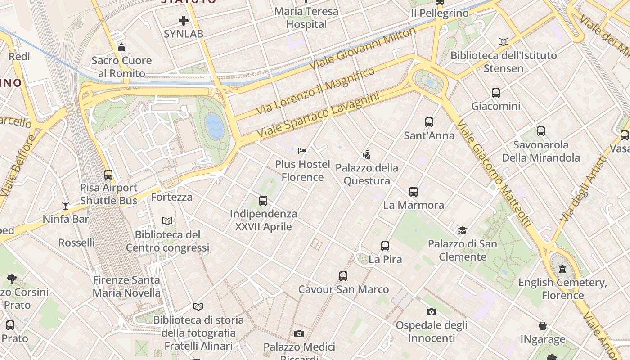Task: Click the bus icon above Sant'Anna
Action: (x=429, y=122)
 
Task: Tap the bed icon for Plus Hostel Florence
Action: (x=302, y=151)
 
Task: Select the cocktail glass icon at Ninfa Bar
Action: (x=66, y=206)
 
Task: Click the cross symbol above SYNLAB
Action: (x=183, y=21)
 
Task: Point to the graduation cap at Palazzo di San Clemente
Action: (x=462, y=231)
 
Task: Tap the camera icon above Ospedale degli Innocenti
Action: (x=431, y=312)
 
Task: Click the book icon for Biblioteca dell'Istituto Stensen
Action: (x=504, y=42)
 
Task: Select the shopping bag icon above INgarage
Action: (x=543, y=326)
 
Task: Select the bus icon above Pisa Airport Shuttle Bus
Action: (x=108, y=175)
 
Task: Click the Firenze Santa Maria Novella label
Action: (x=126, y=286)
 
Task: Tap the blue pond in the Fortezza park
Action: (x=214, y=126)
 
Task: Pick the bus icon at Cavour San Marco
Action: (x=343, y=276)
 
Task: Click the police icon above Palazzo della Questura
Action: (x=367, y=155)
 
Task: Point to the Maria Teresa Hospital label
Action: (x=306, y=18)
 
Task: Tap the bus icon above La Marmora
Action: (x=414, y=192)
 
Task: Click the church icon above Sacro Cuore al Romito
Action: (x=121, y=47)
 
